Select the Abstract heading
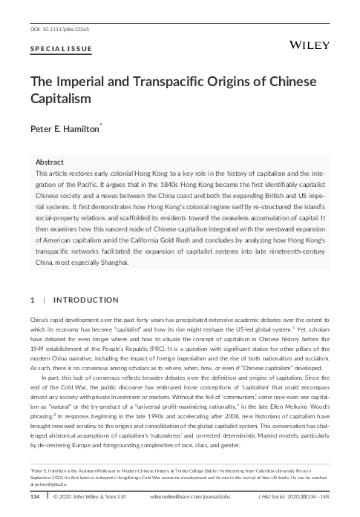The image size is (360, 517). (50, 160)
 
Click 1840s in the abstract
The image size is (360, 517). (122, 183)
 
